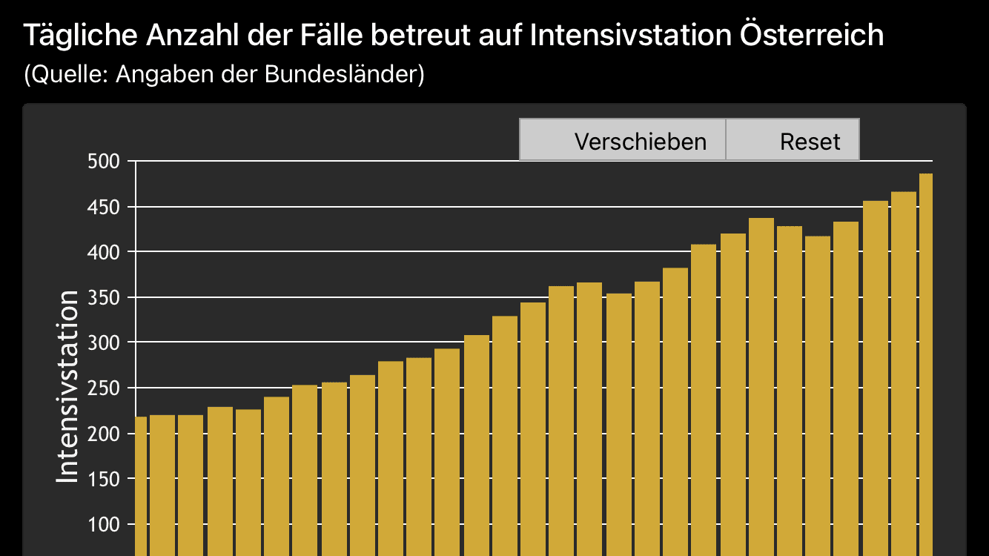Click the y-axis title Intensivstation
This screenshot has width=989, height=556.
[x=68, y=386]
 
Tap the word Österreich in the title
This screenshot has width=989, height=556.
[x=813, y=36]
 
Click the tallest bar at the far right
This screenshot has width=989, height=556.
[x=926, y=363]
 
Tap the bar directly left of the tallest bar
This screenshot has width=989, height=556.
[x=904, y=371]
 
